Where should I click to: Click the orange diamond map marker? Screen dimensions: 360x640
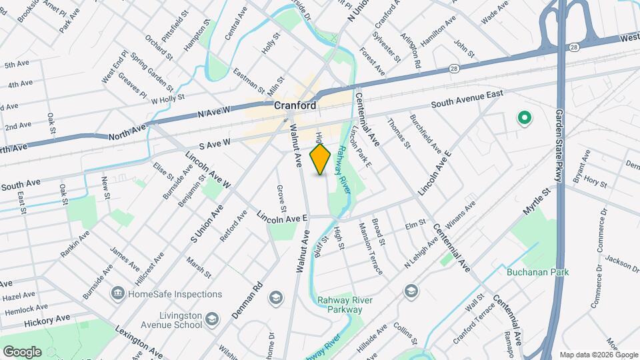coord(321,160)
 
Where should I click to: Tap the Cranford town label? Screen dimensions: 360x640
coord(295,105)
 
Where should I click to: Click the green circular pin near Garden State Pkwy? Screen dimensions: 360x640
coord(524,119)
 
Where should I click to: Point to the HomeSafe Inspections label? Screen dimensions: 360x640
coord(175,294)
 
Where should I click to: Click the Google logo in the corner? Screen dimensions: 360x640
coord(21,352)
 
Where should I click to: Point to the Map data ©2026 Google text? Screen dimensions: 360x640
coord(597,355)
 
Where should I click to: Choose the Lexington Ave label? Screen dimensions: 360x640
coord(139,341)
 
